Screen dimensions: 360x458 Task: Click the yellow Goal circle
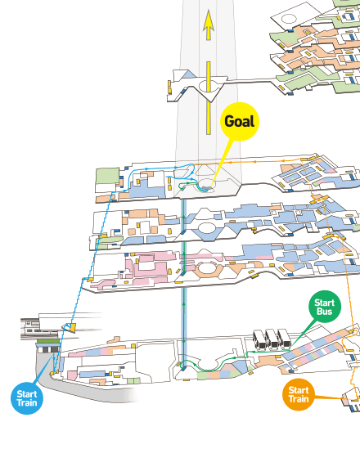(x=240, y=122)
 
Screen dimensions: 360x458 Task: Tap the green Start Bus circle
(x=325, y=307)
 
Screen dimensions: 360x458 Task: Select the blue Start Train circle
(x=27, y=398)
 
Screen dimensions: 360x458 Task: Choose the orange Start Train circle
(x=299, y=394)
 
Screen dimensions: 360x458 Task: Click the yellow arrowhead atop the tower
(x=209, y=25)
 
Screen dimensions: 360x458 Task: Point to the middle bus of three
(x=272, y=339)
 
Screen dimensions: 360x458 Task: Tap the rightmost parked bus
(x=284, y=339)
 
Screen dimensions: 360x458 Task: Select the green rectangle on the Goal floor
(x=107, y=176)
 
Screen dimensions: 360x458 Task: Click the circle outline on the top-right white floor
(x=289, y=19)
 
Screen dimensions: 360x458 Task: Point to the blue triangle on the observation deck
(x=188, y=74)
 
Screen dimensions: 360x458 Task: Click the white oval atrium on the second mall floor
(x=207, y=227)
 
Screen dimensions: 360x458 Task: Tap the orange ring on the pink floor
(x=208, y=270)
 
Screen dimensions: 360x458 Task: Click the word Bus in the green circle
(x=325, y=312)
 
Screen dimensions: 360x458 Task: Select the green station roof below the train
(x=48, y=341)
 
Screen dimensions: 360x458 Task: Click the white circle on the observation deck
(x=209, y=86)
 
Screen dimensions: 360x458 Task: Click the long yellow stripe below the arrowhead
(x=209, y=98)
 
